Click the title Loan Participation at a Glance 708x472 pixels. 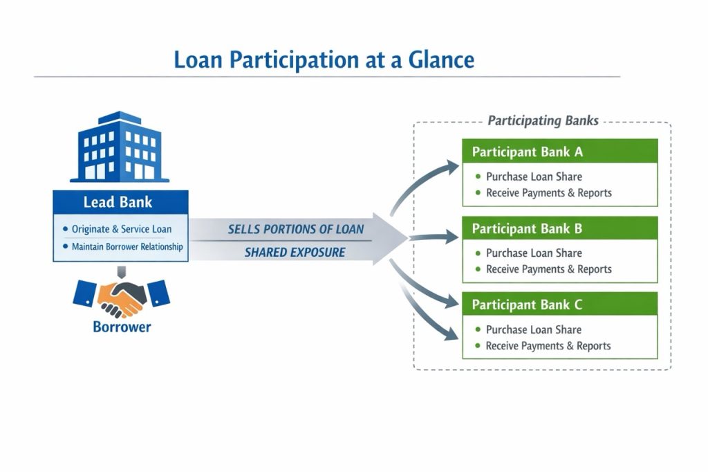coord(324,60)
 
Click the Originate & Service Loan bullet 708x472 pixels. coord(121,228)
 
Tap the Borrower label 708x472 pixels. coord(122,327)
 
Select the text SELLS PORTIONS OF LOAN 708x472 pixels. coord(295,229)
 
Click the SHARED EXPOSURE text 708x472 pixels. coord(295,253)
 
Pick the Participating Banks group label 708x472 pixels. coord(543,121)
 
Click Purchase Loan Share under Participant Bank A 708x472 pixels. coord(534,176)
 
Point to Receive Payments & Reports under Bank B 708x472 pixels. coord(548,269)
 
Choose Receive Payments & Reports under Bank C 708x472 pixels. coord(548,346)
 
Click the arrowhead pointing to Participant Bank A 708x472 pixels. coord(452,166)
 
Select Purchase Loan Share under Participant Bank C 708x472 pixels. coord(534,329)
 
